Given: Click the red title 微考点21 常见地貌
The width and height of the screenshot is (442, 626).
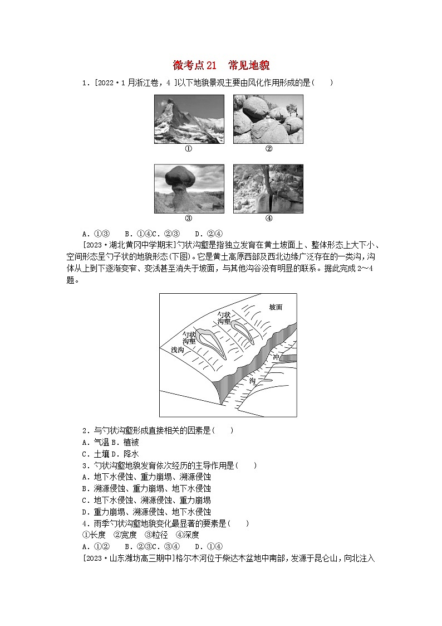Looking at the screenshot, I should click(x=221, y=66).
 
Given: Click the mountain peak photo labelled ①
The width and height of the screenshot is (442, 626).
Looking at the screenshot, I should click(x=189, y=119).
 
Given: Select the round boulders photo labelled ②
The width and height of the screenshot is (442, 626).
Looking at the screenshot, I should click(x=268, y=119).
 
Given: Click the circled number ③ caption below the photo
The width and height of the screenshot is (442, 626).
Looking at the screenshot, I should click(x=189, y=219).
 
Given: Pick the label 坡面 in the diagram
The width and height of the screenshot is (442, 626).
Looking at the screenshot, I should click(x=276, y=307).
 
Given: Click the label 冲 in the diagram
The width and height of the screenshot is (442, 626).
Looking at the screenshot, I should click(x=276, y=356).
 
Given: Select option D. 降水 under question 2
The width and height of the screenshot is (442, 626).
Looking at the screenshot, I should click(x=112, y=454).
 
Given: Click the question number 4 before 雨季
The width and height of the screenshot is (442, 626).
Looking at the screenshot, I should click(x=85, y=523).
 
